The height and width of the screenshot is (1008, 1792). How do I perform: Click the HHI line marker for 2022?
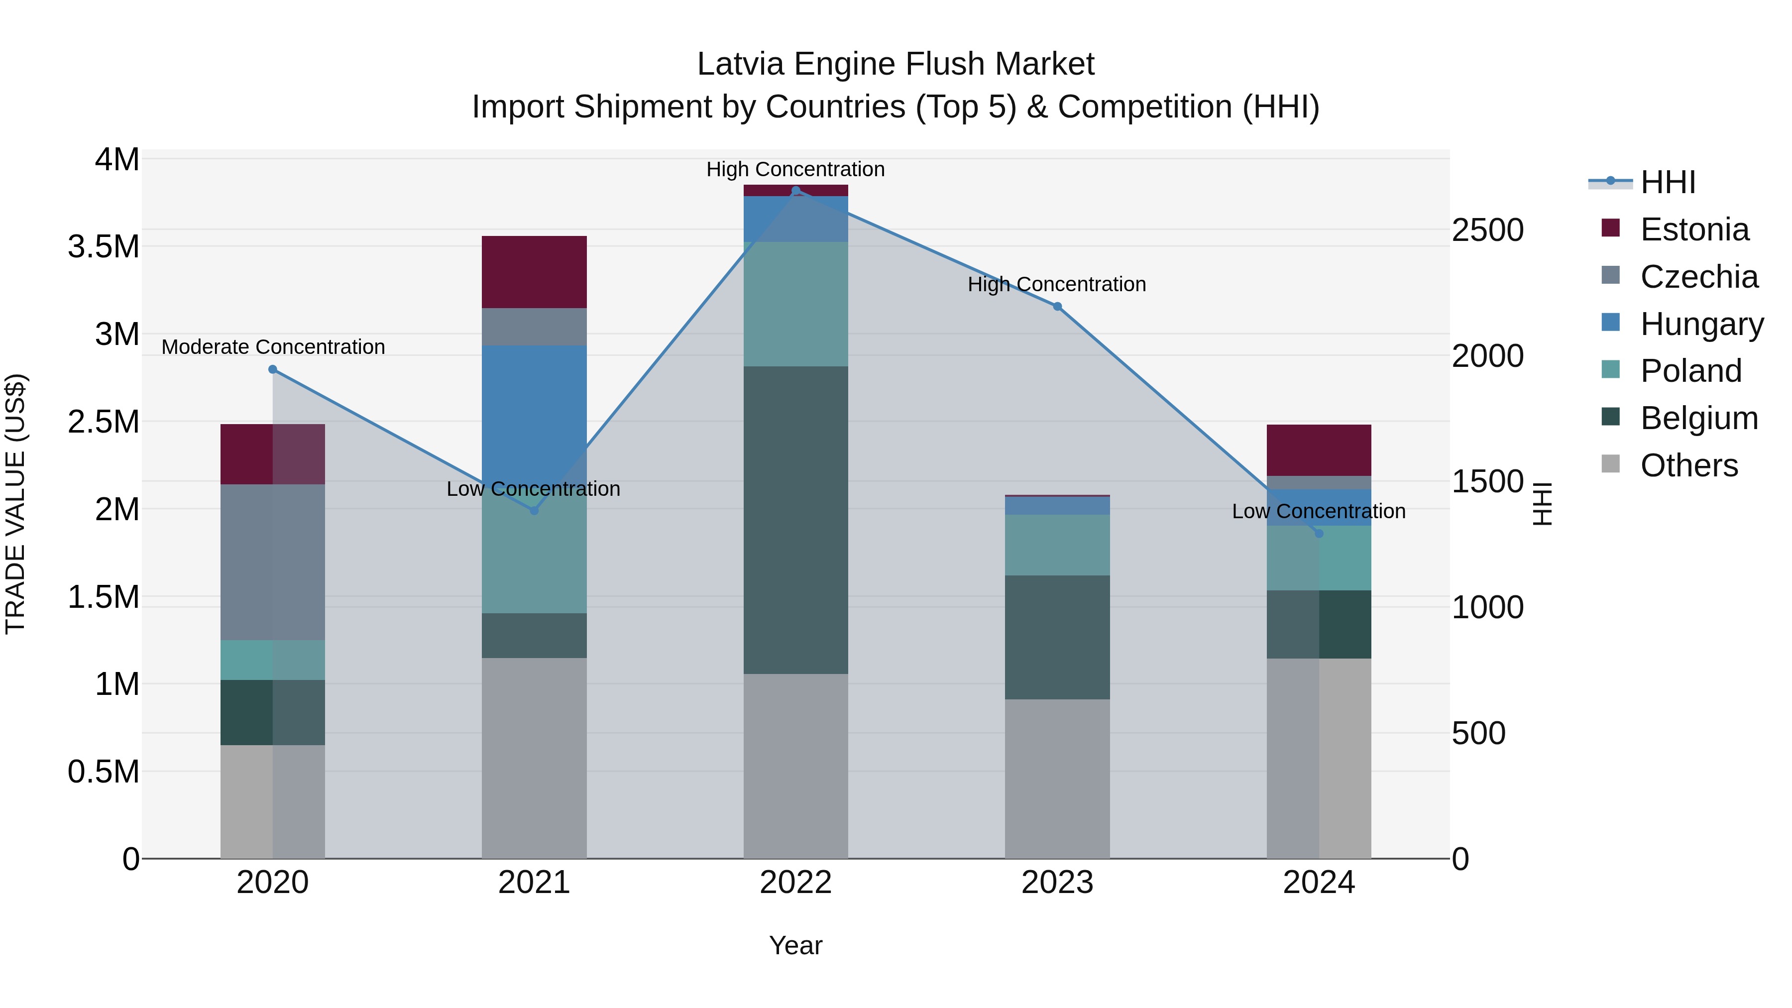(796, 191)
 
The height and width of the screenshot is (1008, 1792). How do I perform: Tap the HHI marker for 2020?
(273, 369)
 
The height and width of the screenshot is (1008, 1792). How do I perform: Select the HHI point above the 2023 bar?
(1057, 307)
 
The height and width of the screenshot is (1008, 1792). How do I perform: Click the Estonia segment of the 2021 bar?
(534, 272)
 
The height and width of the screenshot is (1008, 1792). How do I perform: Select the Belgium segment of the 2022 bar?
(796, 520)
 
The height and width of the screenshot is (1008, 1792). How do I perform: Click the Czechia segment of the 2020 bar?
(273, 561)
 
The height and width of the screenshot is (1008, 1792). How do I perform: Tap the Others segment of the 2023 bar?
(1057, 779)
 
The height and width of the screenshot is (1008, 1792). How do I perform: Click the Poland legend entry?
(1690, 371)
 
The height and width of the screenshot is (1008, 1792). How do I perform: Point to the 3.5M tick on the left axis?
(103, 247)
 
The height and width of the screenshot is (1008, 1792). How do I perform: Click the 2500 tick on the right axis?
(1487, 230)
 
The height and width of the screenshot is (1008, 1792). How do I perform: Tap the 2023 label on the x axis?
(1057, 883)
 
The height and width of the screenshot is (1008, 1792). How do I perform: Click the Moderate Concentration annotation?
(273, 346)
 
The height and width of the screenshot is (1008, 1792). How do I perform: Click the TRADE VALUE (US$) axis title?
(15, 504)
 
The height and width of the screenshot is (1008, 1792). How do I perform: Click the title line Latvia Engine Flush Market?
(896, 64)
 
